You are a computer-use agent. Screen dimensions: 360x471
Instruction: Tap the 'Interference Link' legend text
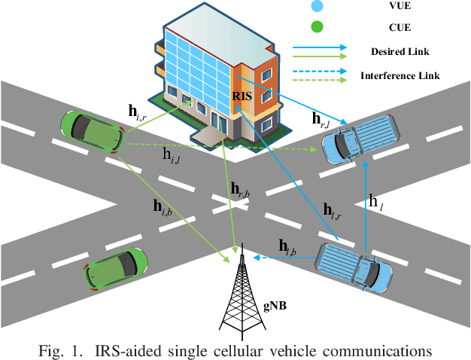click(400, 76)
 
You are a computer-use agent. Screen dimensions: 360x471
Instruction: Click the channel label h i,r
click(139, 114)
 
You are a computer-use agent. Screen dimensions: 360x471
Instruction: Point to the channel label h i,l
click(175, 154)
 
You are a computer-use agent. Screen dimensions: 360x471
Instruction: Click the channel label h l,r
click(333, 211)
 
